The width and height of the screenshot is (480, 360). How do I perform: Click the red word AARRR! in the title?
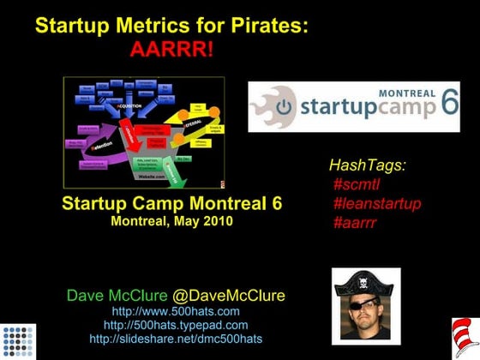click(171, 48)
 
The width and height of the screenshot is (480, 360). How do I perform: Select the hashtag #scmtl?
click(357, 184)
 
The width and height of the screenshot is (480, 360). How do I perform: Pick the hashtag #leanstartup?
click(377, 204)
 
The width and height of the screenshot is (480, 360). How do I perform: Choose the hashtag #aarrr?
click(356, 224)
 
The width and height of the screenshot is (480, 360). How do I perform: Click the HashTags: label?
click(368, 165)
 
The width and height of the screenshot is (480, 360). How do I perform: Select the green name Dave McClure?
click(117, 296)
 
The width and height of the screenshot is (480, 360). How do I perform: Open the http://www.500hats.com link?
click(176, 311)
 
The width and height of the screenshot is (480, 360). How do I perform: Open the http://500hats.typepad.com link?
click(176, 325)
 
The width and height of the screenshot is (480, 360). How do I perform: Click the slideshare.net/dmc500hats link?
click(176, 339)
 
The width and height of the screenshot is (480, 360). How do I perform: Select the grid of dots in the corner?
click(19, 340)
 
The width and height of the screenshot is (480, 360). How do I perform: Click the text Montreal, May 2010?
click(171, 220)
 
